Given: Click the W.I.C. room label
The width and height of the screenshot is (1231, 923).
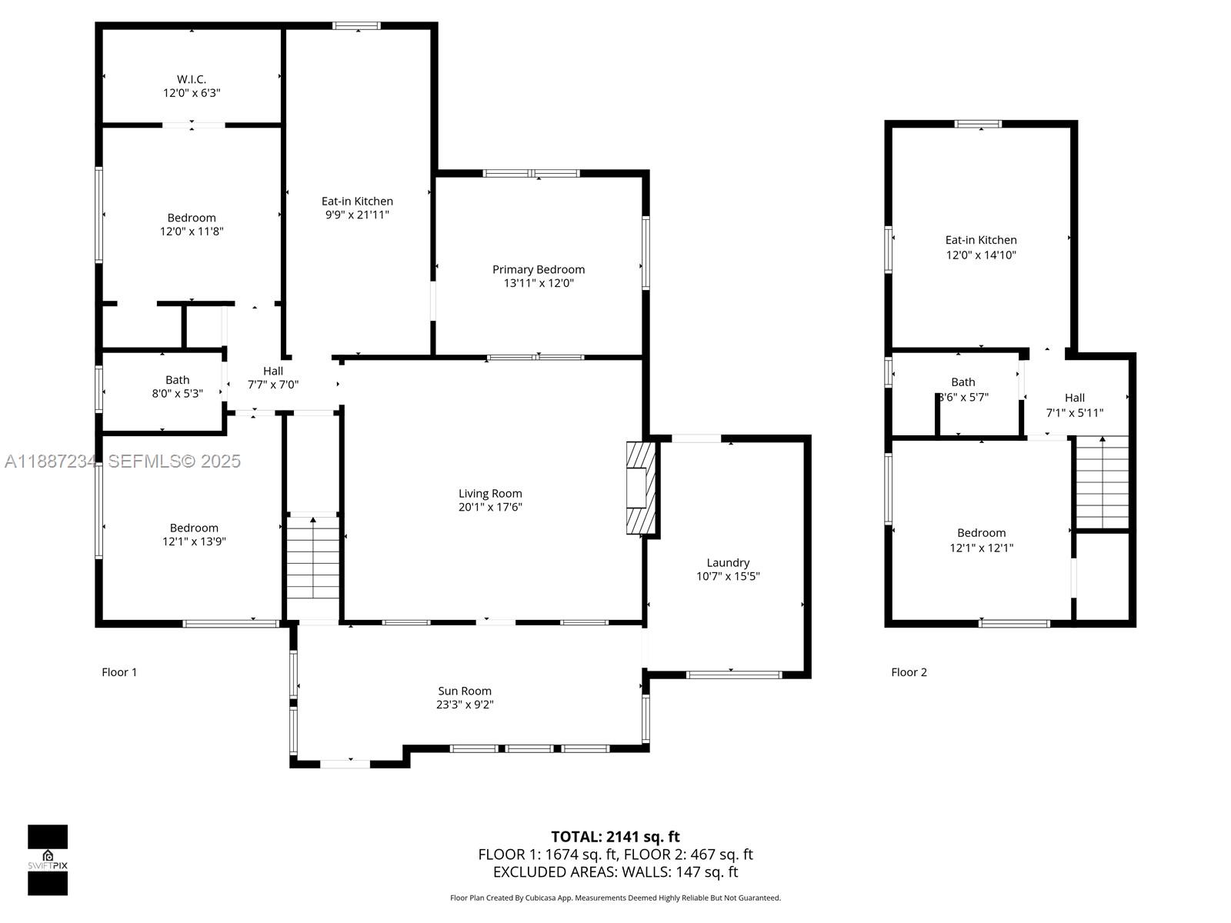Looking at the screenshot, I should [x=192, y=79].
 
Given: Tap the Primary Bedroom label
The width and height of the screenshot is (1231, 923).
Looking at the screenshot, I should [x=539, y=269].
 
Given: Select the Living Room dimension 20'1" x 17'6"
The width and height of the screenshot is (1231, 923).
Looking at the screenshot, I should [x=490, y=507].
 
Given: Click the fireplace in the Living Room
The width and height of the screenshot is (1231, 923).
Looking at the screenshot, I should [x=640, y=488].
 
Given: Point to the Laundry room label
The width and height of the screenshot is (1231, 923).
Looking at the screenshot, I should [x=728, y=562].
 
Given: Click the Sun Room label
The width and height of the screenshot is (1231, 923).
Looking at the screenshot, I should [x=465, y=691].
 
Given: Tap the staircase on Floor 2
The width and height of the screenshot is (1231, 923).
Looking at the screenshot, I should [x=1102, y=482].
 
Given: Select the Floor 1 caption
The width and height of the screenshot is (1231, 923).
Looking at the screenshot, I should [x=119, y=672].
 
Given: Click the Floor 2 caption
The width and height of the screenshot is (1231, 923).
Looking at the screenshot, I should [x=909, y=672].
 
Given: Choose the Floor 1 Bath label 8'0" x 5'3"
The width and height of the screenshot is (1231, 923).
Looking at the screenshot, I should [x=177, y=387].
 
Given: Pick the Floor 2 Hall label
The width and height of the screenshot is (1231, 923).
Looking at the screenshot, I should [x=1075, y=398].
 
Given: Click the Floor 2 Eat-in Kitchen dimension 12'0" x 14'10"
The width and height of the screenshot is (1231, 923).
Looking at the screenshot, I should [x=981, y=255].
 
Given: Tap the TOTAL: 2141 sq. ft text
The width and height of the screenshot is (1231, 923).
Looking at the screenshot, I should [x=615, y=837].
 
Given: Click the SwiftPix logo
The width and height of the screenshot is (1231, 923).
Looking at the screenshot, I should [x=48, y=860].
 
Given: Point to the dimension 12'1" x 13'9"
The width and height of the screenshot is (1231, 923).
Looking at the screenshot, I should [x=194, y=541].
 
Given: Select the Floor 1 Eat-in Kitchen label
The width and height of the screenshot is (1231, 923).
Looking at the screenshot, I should [x=357, y=201].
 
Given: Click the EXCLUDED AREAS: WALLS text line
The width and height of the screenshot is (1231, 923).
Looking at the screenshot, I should [x=615, y=872].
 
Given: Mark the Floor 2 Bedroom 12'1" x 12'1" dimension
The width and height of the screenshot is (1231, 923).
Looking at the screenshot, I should [x=981, y=548].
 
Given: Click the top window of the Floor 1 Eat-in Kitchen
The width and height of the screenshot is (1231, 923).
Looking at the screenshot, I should [x=356, y=25].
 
